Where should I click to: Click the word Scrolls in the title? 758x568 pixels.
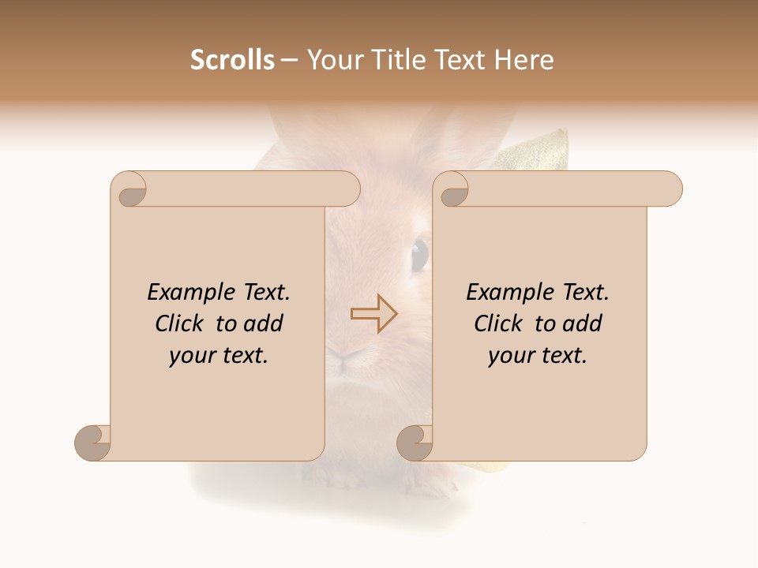(x=232, y=60)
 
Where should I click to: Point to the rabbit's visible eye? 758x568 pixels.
(x=419, y=254)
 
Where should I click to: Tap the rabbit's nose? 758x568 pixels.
(x=344, y=357)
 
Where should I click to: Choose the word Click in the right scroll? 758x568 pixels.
(x=500, y=324)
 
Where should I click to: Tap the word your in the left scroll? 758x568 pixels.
(x=190, y=357)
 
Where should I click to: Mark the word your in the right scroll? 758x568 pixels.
(x=509, y=357)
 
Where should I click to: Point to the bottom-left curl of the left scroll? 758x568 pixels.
(x=92, y=443)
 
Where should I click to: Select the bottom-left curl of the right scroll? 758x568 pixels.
(x=415, y=443)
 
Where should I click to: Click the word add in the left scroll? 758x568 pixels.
(x=264, y=324)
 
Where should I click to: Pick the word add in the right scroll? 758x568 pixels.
(x=583, y=324)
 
